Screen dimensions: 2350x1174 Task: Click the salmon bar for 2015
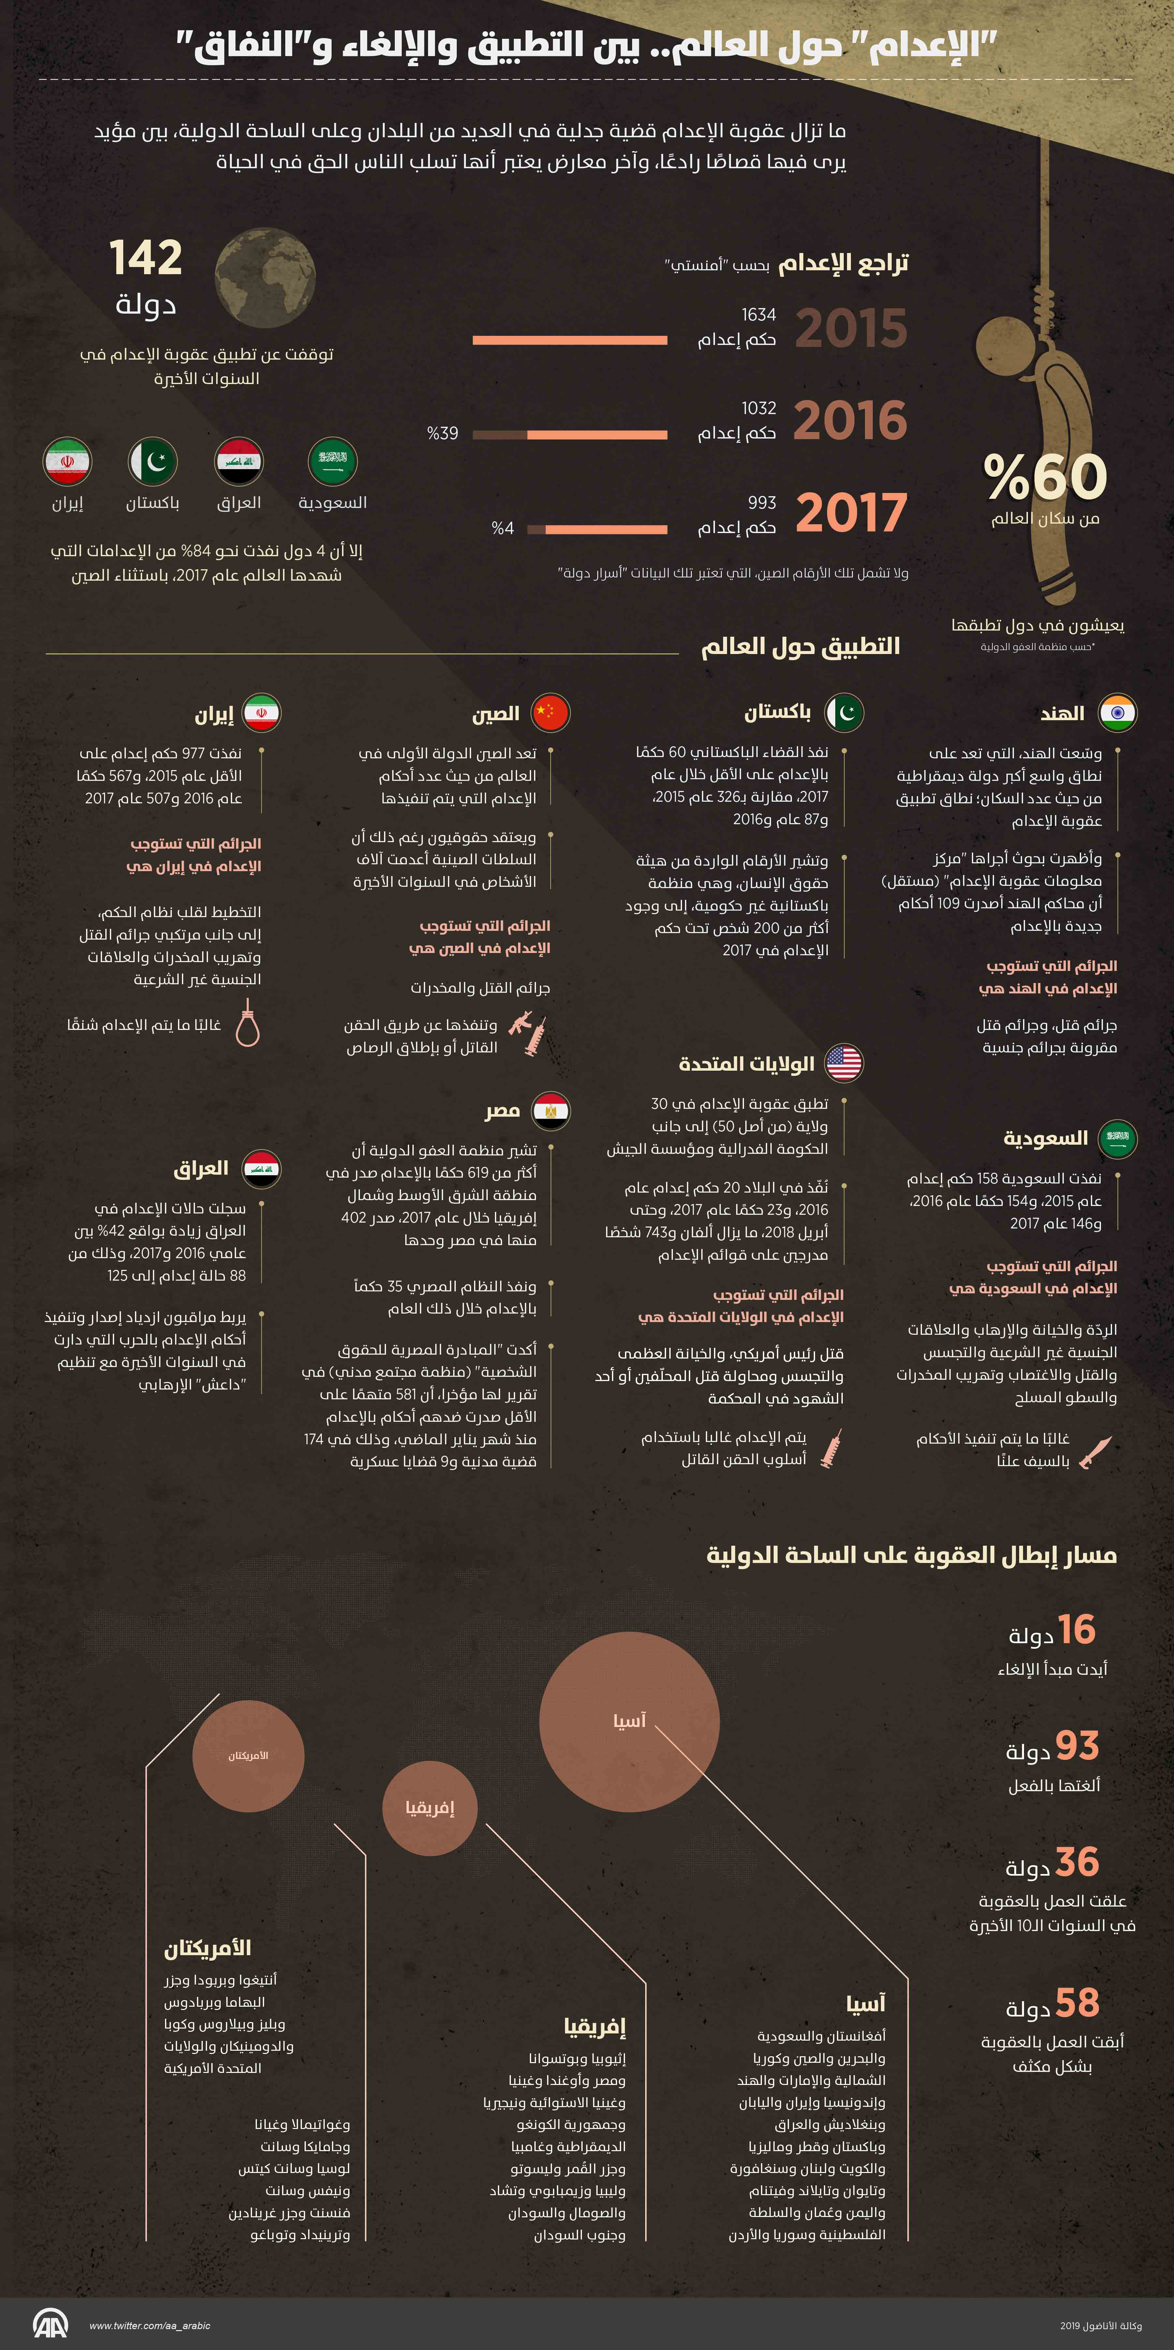[570, 340]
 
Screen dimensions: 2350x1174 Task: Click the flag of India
[1118, 712]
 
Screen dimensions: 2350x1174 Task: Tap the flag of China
[551, 712]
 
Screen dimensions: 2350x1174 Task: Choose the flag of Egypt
[551, 1110]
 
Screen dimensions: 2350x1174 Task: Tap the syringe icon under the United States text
[831, 1448]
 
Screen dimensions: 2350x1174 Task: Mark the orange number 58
[1077, 2003]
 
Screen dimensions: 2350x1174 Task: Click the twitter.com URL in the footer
[150, 2325]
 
